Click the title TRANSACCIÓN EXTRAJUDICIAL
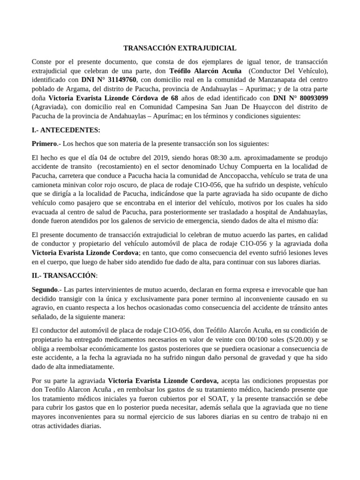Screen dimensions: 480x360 180,48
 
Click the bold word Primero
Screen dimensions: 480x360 44,143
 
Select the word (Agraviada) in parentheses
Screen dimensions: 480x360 49,107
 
